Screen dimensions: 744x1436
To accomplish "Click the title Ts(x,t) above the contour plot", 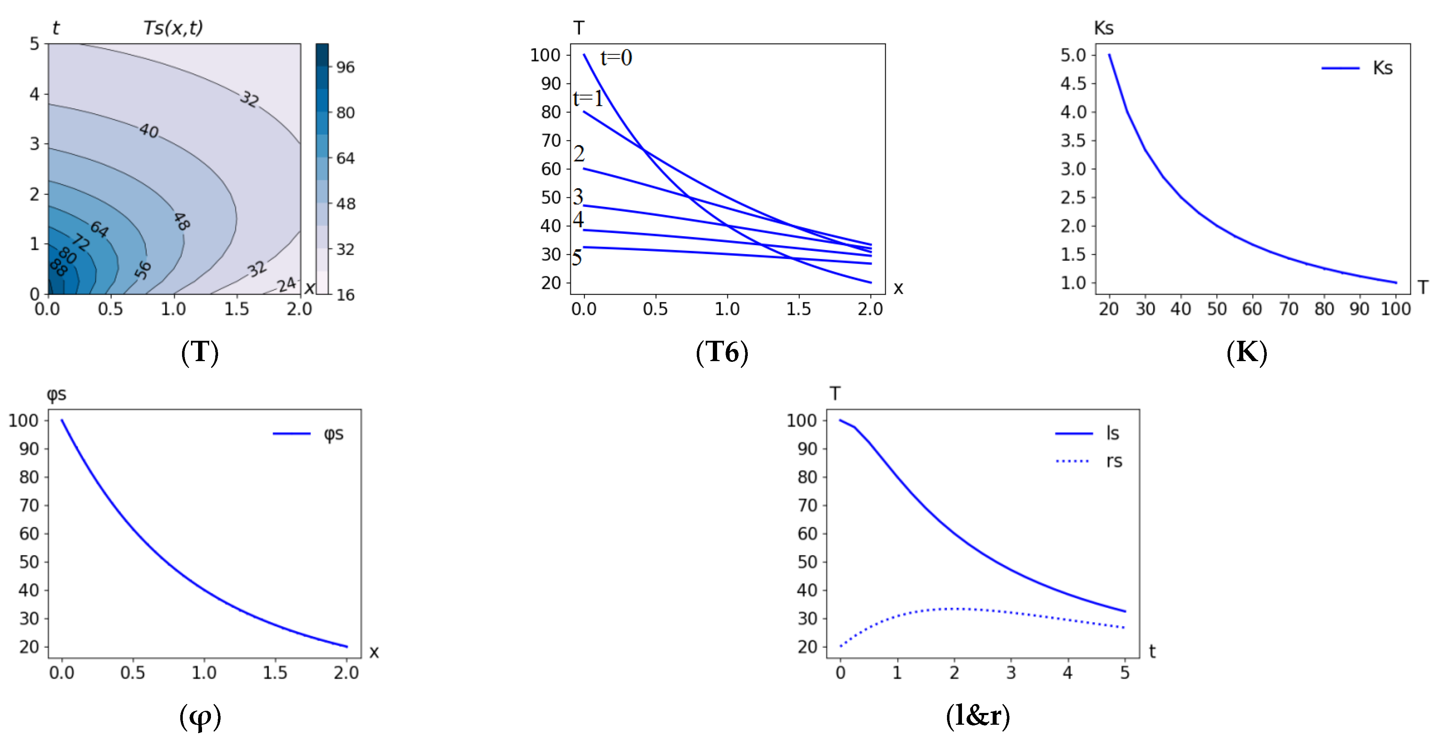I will [x=173, y=27].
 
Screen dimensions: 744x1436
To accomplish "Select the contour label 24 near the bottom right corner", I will [x=287, y=285].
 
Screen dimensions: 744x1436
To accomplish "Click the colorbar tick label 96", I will [x=345, y=67].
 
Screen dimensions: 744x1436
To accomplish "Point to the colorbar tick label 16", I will [x=345, y=295].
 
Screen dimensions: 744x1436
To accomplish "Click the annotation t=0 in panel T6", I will [x=616, y=58].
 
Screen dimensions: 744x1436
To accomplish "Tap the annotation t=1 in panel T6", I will [x=588, y=98].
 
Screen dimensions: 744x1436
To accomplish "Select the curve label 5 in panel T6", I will [x=577, y=258].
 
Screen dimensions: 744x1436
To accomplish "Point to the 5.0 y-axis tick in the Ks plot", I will [x=1073, y=55].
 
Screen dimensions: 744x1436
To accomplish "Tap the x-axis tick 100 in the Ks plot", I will [x=1395, y=309].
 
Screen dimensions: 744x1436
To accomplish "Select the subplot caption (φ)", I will [x=200, y=717].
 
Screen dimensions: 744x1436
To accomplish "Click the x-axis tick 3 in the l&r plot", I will [x=1011, y=673].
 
